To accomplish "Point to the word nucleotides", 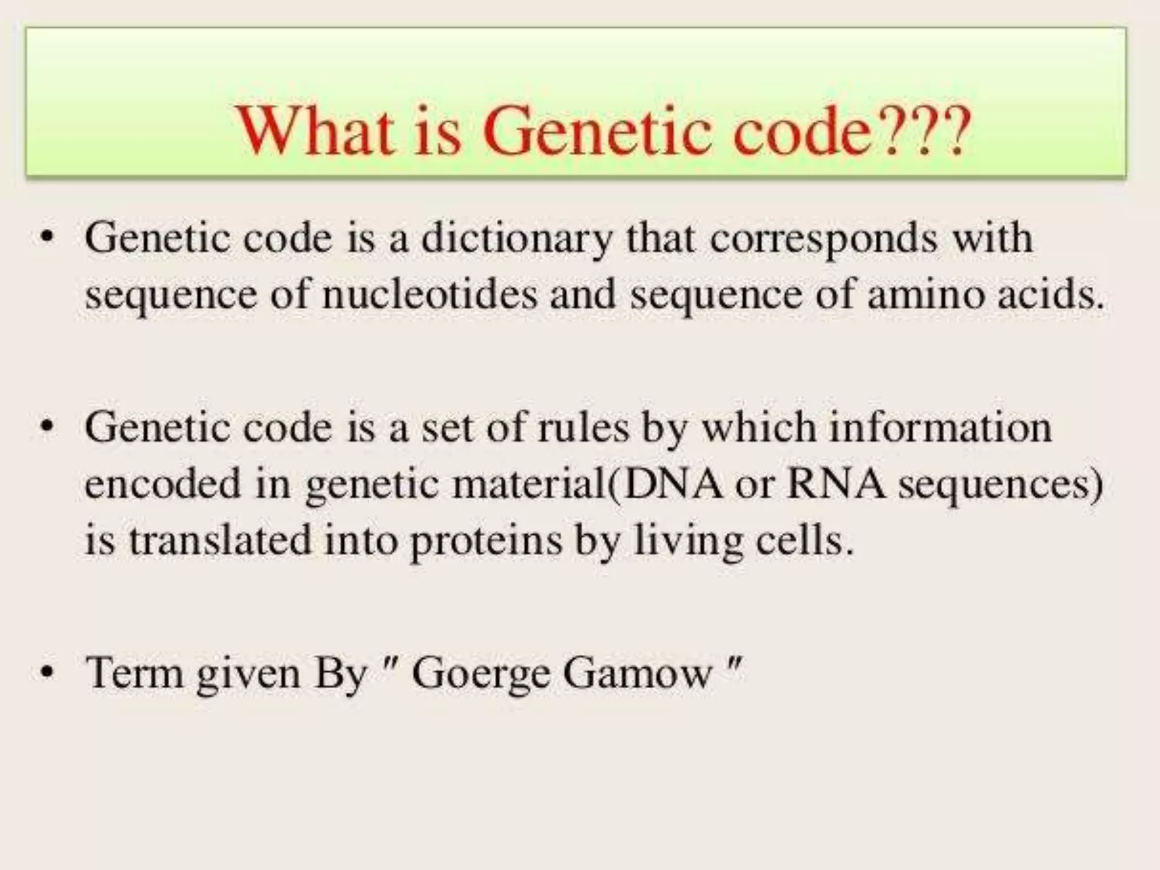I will [x=429, y=296].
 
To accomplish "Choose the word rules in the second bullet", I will [x=584, y=428].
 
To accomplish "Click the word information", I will [x=941, y=428].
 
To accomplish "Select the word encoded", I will [x=163, y=484].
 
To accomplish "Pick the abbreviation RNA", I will [x=836, y=484].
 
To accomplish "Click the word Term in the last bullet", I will [x=135, y=673].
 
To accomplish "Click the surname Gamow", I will [x=638, y=673].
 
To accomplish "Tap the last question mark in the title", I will [x=956, y=131].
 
